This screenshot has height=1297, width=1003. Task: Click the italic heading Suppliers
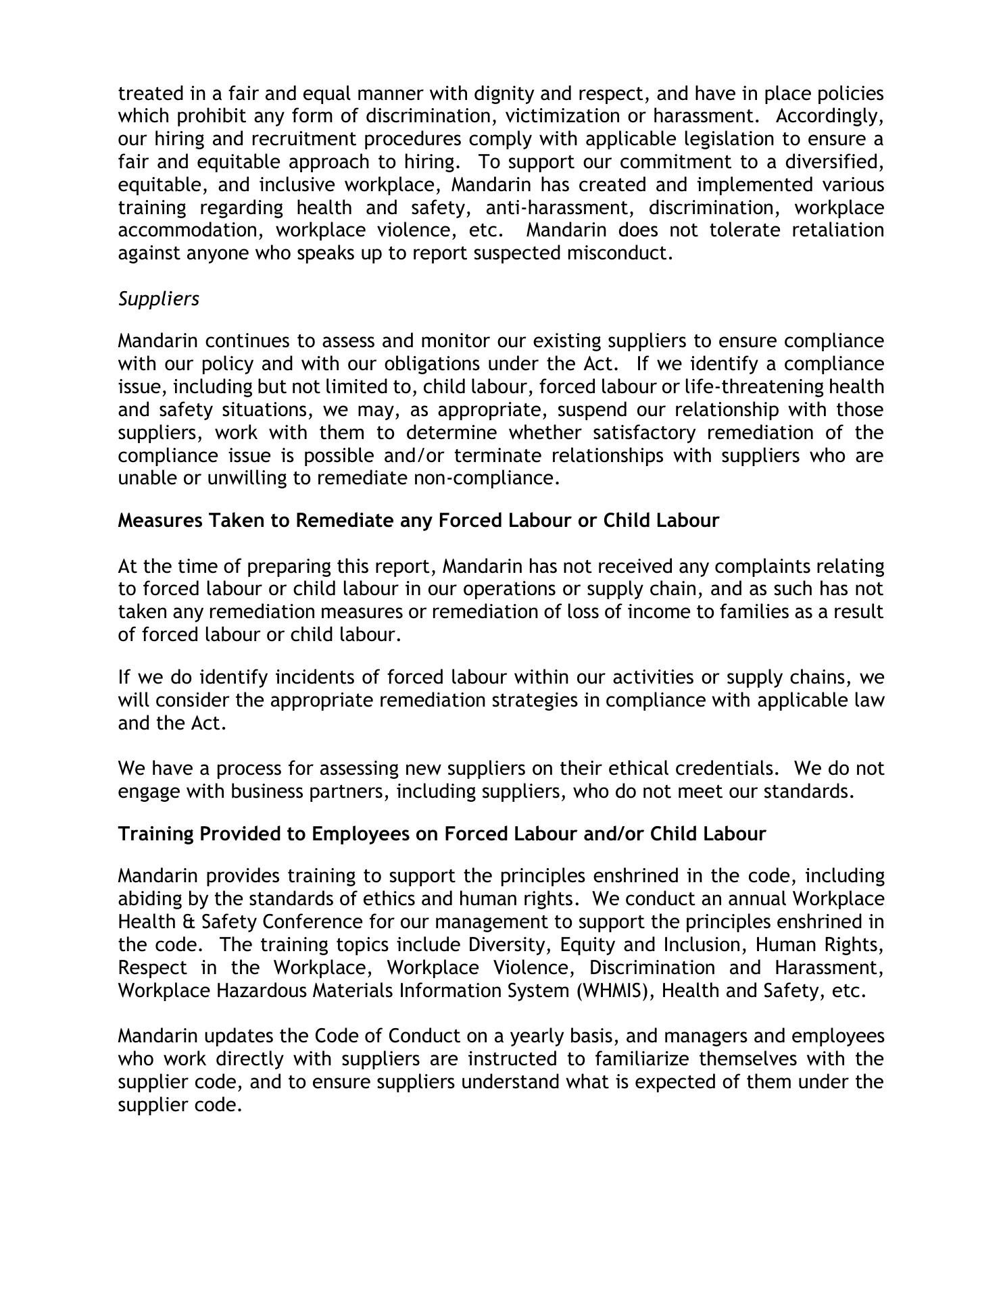tap(159, 299)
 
